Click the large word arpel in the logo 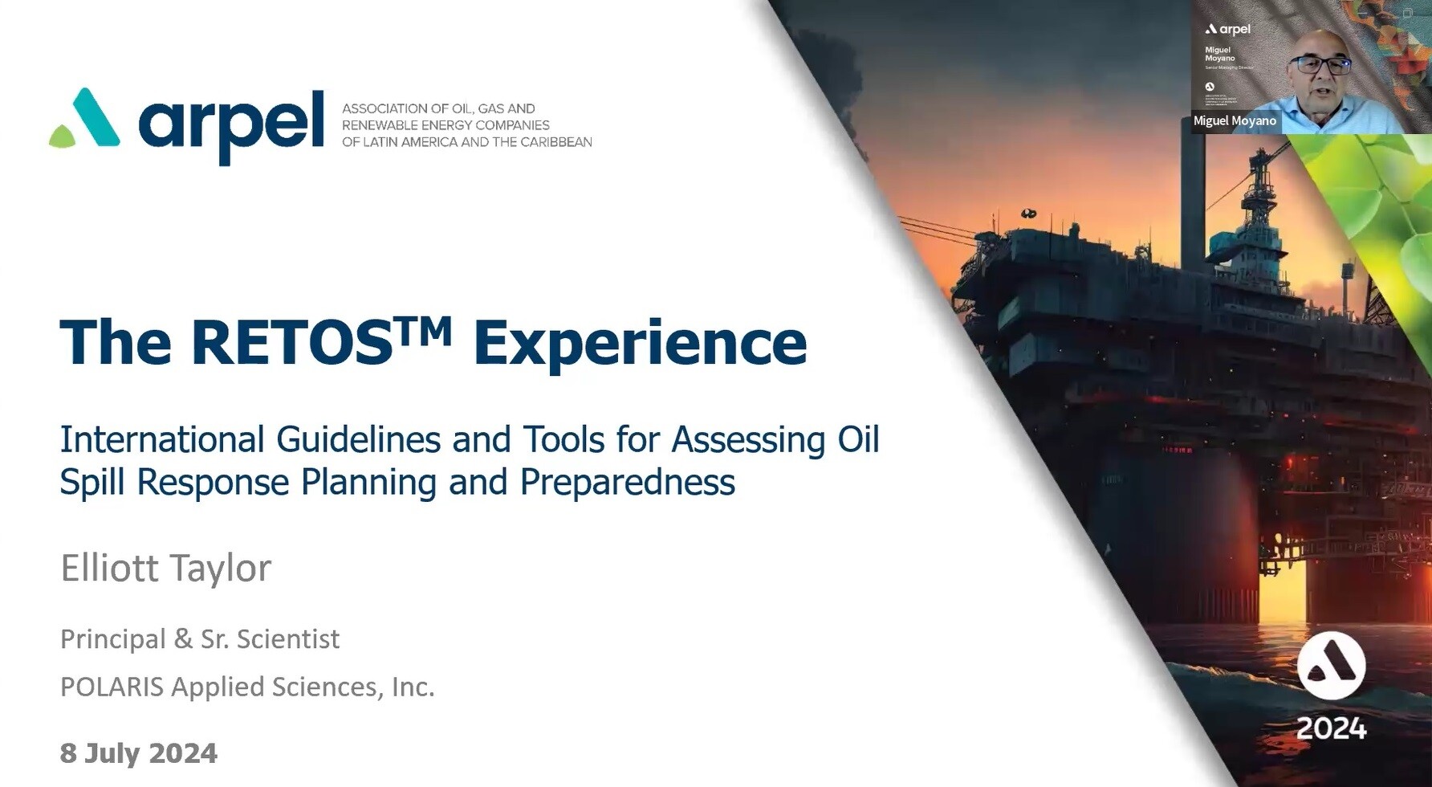(x=231, y=124)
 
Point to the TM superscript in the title (x=424, y=328)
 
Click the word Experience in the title (x=640, y=344)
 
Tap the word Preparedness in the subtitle (x=627, y=482)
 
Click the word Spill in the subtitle (x=92, y=482)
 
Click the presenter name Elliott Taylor (x=165, y=568)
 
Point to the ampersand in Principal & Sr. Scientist (x=183, y=639)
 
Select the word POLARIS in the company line (x=112, y=687)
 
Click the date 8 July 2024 (x=138, y=753)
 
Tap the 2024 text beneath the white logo (x=1331, y=728)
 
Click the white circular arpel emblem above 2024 (x=1331, y=666)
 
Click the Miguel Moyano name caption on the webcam (x=1234, y=120)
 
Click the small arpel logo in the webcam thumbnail (x=1228, y=29)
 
